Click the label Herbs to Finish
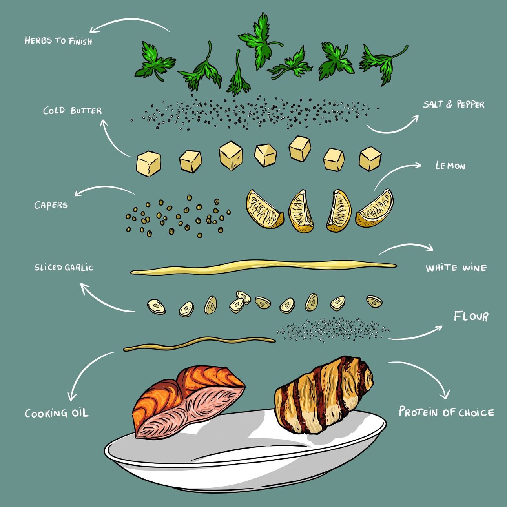58,41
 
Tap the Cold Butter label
73,111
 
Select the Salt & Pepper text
454,104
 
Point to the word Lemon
450,166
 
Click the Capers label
51,205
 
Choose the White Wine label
456,268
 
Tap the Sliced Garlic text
64,268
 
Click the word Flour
471,316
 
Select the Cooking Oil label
57,413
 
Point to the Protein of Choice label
447,412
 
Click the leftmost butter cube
149,163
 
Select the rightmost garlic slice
374,301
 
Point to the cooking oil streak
199,344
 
